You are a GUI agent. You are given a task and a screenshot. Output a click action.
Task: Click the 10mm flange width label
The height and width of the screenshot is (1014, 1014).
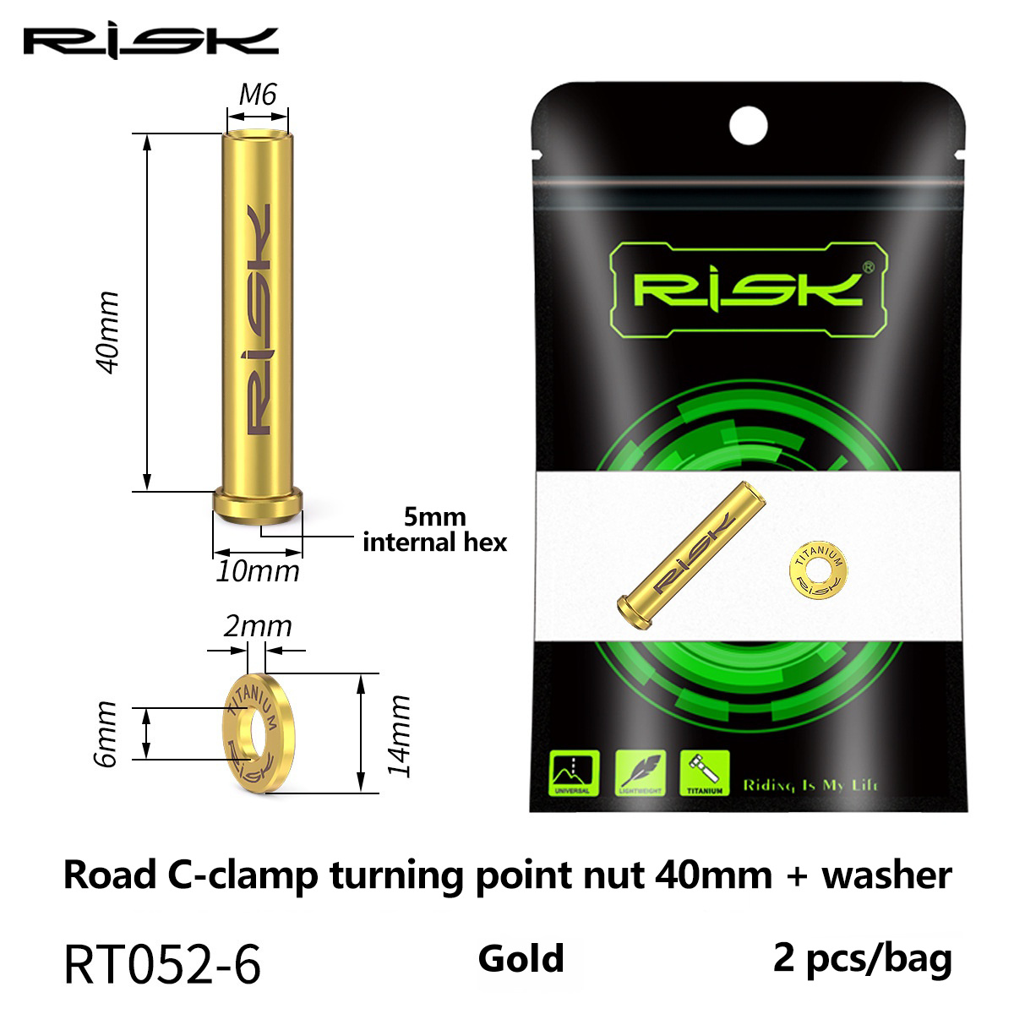click(258, 572)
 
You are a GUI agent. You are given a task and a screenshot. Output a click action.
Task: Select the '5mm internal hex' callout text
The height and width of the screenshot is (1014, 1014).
click(435, 530)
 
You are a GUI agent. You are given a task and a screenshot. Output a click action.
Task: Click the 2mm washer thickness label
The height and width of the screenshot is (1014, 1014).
click(258, 626)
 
